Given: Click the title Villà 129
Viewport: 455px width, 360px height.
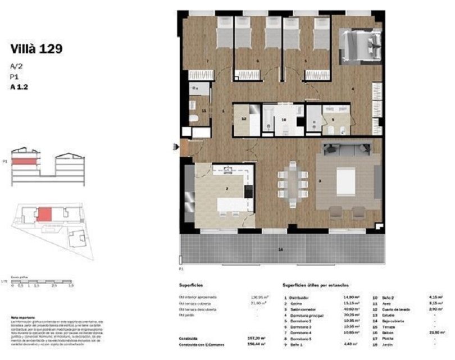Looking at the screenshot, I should (36, 49).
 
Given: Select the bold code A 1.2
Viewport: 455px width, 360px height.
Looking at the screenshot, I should (19, 87).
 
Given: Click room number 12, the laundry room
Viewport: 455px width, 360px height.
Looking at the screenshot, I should (244, 119).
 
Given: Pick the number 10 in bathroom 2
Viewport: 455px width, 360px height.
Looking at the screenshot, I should (284, 120).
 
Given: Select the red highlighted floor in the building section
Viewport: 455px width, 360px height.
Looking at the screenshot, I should (26, 161).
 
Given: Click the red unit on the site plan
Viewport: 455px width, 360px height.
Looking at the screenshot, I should (44, 215).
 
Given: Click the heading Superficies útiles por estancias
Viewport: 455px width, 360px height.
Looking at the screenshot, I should (316, 285).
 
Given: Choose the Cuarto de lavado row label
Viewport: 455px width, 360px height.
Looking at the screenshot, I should (397, 309).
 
